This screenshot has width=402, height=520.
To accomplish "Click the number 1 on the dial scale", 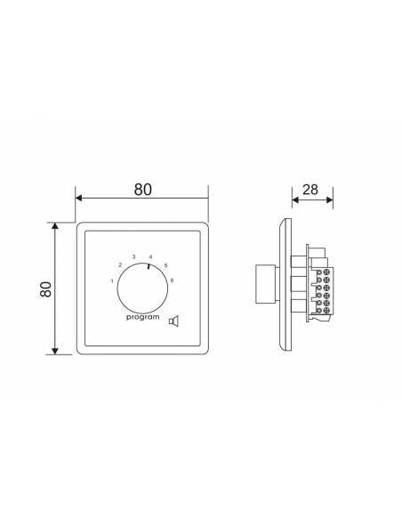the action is [x=112, y=281].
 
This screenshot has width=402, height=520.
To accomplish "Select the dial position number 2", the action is [x=120, y=265].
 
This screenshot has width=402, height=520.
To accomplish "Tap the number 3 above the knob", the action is [x=133, y=256].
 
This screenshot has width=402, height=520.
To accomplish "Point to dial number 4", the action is [x=150, y=257].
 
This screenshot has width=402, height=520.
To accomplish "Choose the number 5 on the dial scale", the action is [x=166, y=265].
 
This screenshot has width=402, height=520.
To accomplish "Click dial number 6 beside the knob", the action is [x=172, y=280].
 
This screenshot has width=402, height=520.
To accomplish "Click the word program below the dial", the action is [x=142, y=317].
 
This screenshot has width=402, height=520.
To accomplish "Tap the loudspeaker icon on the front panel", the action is [x=173, y=321].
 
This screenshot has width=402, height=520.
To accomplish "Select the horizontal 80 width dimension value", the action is [x=143, y=190].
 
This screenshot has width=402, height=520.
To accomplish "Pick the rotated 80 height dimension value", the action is [x=45, y=289].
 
